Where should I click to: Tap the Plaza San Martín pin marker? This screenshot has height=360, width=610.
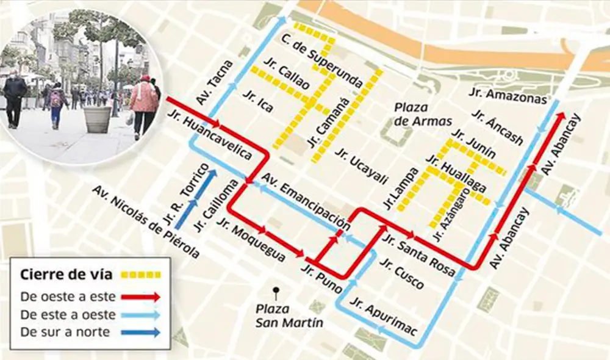tap(277, 291)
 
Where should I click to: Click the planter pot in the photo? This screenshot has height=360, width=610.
tap(98, 119)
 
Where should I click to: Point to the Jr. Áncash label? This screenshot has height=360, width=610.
tap(497, 128)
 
